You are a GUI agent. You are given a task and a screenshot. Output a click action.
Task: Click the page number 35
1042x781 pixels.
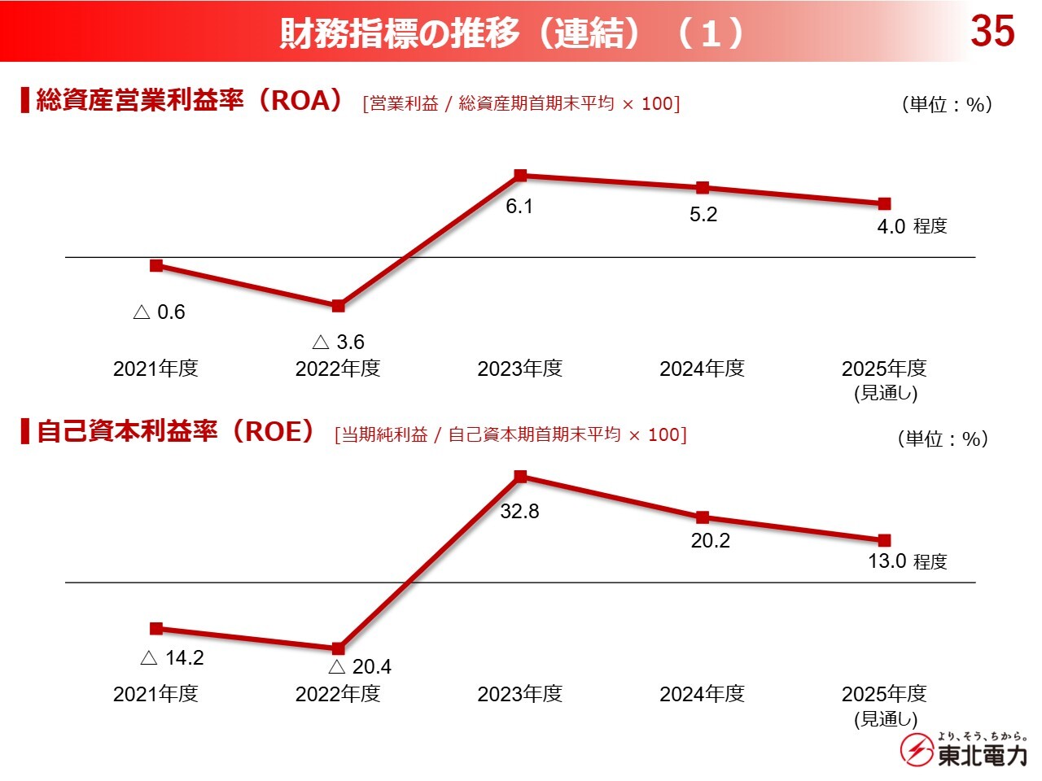992,32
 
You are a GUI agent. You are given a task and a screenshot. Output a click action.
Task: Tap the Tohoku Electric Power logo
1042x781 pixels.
964,749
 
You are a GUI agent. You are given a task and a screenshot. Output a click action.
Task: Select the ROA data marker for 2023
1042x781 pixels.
521,175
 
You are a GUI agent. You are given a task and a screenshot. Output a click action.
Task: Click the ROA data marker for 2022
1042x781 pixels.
339,306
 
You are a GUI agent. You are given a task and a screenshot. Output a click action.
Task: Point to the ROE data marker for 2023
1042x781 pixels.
521,476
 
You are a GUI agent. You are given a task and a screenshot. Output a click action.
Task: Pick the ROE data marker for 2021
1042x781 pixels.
156,628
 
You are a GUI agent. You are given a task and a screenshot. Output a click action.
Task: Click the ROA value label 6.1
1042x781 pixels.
519,207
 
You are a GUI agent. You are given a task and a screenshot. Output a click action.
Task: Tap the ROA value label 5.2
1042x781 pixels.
703,215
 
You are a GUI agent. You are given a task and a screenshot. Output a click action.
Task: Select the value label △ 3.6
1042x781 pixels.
338,342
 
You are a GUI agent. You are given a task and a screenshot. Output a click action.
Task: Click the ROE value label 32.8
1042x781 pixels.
519,512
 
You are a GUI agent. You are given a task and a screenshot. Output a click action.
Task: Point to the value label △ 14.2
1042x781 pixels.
172,658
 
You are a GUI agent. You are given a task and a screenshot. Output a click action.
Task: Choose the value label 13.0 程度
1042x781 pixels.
908,561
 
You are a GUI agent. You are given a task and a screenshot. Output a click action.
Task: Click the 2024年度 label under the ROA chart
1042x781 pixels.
702,369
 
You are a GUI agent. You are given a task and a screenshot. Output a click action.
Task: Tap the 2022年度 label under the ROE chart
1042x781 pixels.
338,694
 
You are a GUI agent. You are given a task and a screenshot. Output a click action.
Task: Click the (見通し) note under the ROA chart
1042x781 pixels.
886,394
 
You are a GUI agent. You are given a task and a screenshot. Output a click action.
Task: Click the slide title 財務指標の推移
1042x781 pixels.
399,33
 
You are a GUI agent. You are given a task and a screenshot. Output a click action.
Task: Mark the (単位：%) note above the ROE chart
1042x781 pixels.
943,439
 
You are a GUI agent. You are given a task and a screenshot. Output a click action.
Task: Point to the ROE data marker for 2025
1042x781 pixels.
885,540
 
